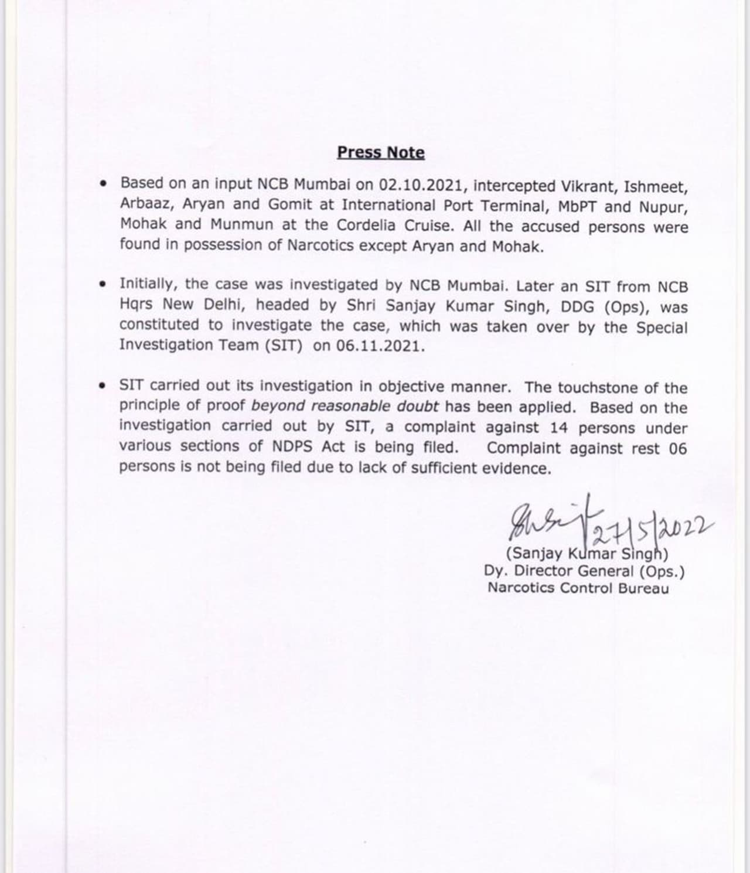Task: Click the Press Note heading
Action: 381,152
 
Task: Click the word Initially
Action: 149,284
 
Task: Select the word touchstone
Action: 597,388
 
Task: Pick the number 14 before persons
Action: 559,428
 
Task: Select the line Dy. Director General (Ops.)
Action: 584,571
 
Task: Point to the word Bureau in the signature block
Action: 643,588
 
